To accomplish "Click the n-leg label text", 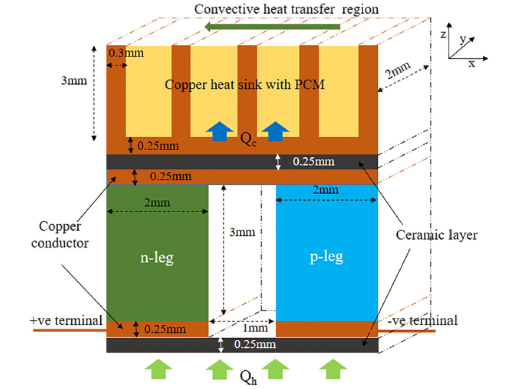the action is [157, 258].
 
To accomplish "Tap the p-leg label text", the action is [327, 257].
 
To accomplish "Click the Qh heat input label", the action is [249, 378].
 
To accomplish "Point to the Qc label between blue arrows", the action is [249, 139].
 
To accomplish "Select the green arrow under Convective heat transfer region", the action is [272, 26].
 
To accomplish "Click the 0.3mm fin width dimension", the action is [126, 53].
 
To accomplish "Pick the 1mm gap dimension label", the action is [255, 327].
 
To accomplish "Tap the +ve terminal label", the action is [66, 320].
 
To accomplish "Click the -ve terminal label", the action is [423, 320].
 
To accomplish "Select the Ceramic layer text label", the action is [437, 235].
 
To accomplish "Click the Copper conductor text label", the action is [60, 235].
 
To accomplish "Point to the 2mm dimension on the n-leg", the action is [157, 203].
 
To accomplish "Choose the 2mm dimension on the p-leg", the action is [325, 189].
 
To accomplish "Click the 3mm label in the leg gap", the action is [242, 232].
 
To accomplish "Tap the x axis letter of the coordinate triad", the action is [472, 64].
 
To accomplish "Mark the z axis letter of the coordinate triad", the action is [443, 34].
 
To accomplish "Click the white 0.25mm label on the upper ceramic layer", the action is [314, 162].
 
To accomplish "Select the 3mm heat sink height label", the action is [74, 81].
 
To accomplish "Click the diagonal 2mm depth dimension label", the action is [398, 70].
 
